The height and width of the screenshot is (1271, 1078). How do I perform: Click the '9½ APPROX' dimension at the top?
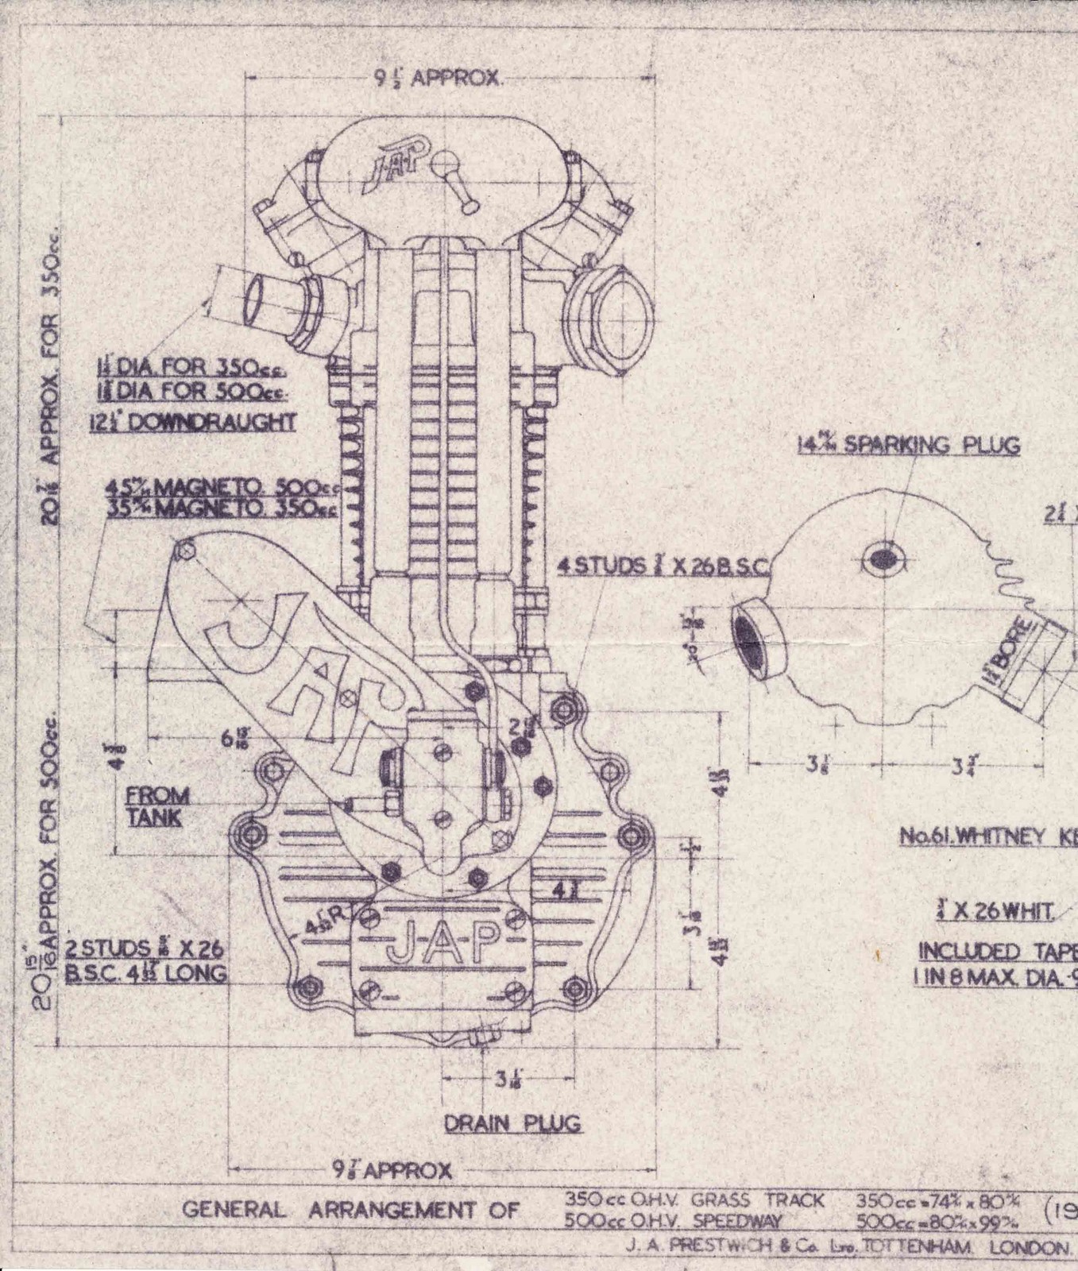(437, 79)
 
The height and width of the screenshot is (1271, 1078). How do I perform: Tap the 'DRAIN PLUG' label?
(512, 1123)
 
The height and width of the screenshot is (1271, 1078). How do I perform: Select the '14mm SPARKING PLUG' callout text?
(908, 446)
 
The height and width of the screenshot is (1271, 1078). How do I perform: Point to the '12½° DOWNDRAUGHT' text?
(192, 421)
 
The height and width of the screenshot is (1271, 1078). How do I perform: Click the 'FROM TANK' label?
(157, 806)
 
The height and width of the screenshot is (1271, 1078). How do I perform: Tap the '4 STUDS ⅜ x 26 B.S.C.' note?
(662, 566)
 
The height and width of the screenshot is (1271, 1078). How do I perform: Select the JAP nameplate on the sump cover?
(442, 942)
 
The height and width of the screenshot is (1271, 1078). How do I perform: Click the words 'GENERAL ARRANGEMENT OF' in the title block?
(351, 1211)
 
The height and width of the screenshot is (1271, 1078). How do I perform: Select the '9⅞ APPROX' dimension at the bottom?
(392, 1170)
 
